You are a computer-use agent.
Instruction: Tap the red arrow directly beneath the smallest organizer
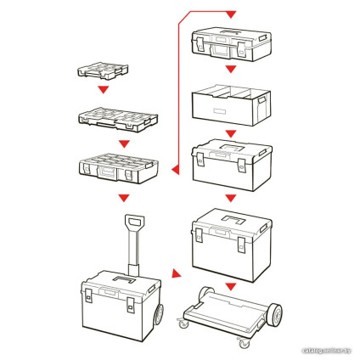[x=102, y=90]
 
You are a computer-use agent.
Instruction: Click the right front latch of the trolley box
[x=135, y=303]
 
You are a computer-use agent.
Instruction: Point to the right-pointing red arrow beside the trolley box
[x=177, y=274]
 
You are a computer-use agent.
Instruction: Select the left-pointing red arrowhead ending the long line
[x=175, y=169]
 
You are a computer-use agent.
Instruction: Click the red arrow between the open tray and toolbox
[x=229, y=136]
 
